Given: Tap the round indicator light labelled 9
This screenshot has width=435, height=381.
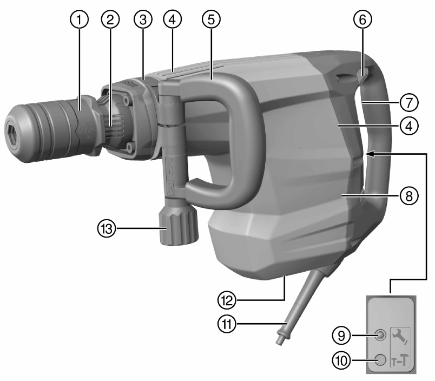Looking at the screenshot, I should coord(382,336).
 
